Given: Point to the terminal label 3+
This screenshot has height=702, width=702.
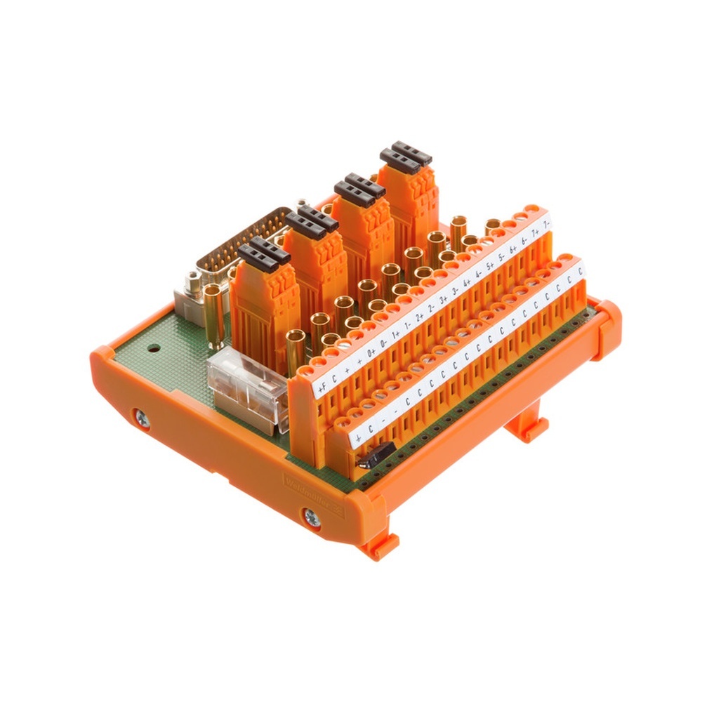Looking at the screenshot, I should click(x=443, y=303).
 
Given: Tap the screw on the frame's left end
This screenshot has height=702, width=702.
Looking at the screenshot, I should click(x=143, y=419).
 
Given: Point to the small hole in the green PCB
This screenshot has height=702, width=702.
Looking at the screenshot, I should click(x=151, y=347).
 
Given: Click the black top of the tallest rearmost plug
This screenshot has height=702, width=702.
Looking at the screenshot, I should click(x=406, y=154).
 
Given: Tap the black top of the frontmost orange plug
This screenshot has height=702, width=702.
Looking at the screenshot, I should click(x=263, y=251).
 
